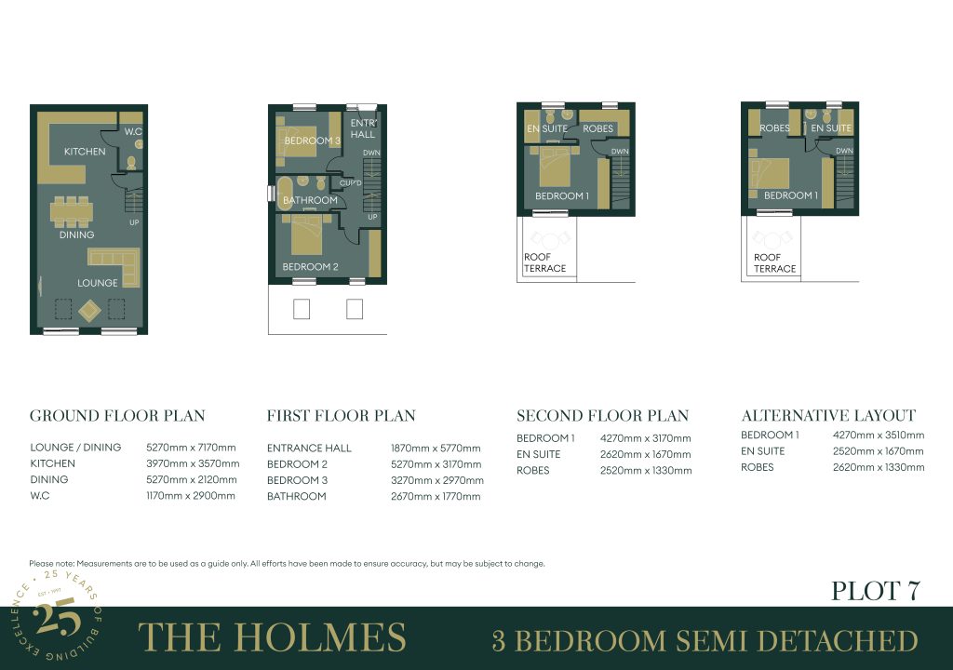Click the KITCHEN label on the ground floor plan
coord(85,152)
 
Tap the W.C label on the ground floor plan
coord(133,131)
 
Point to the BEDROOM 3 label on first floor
coord(313,141)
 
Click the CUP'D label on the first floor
coord(351,183)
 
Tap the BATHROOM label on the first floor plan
coord(310,200)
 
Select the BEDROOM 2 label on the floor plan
coord(310,266)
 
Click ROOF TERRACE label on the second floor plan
coord(544,262)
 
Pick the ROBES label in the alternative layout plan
coord(774,128)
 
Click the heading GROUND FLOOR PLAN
coord(117,416)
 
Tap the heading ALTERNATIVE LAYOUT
coord(828,415)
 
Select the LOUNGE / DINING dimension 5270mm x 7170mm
coord(191,448)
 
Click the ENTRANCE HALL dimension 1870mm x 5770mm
coord(436,449)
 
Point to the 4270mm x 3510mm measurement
coord(879,435)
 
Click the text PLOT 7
coord(875,591)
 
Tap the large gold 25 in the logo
coord(57,617)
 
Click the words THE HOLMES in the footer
coord(272,637)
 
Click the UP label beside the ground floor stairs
coord(134,222)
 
